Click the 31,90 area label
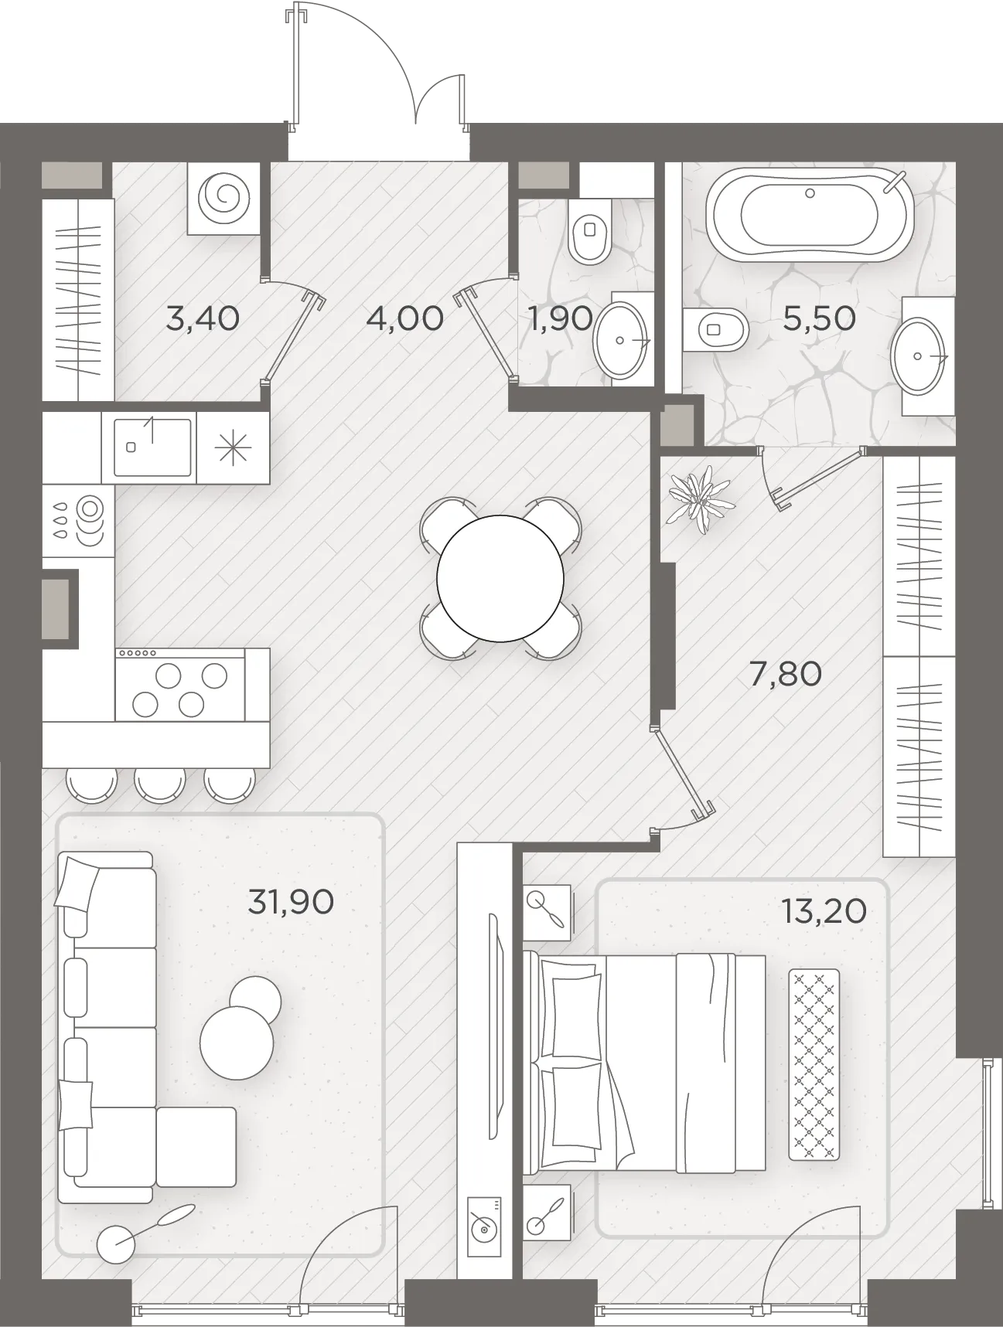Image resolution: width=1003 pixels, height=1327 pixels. [x=291, y=901]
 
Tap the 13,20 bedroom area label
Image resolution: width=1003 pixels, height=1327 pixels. [x=823, y=911]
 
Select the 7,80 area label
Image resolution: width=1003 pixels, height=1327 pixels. [x=785, y=675]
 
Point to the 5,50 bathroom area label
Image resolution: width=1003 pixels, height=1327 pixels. [x=819, y=318]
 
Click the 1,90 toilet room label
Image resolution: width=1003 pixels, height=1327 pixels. [x=560, y=318]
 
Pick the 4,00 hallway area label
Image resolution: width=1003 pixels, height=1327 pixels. [x=405, y=318]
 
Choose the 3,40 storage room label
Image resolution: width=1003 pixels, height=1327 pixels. [x=203, y=318]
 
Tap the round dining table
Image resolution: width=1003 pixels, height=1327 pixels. [x=500, y=578]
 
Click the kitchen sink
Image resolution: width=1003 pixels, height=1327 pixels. [x=152, y=447]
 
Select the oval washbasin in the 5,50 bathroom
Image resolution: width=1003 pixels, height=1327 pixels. [x=919, y=356]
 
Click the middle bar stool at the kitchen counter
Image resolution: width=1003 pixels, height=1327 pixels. [x=160, y=785]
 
